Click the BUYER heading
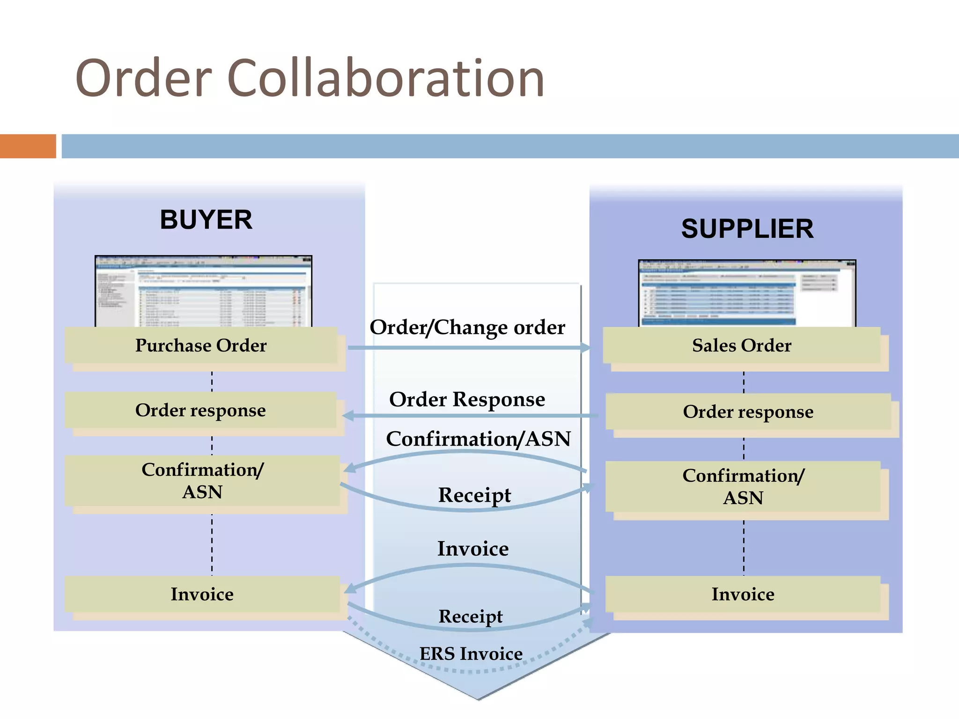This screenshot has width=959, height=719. coord(206,220)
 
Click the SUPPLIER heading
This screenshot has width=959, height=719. coord(747,229)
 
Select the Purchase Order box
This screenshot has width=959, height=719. coord(201,345)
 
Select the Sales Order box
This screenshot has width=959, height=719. coord(742,345)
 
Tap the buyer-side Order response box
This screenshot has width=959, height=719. coord(200,411)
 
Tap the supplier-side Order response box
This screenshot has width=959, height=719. coord(748,412)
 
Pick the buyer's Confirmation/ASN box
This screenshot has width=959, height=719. coord(202,481)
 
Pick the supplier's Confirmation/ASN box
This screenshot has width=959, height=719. coord(743,487)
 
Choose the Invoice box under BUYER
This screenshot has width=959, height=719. coord(202,594)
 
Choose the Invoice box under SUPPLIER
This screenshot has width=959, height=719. coord(743,594)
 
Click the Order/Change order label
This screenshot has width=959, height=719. coord(467,327)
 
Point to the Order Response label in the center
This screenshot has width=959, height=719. coord(467,399)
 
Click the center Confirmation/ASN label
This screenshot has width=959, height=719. coord(478,439)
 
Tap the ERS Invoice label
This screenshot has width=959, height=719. coord(471,654)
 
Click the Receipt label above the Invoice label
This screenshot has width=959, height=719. coord(474,495)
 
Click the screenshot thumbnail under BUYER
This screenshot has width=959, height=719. coord(203,291)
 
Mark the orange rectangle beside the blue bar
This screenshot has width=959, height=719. coord(28,146)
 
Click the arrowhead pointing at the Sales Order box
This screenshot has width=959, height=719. coord(585,347)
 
